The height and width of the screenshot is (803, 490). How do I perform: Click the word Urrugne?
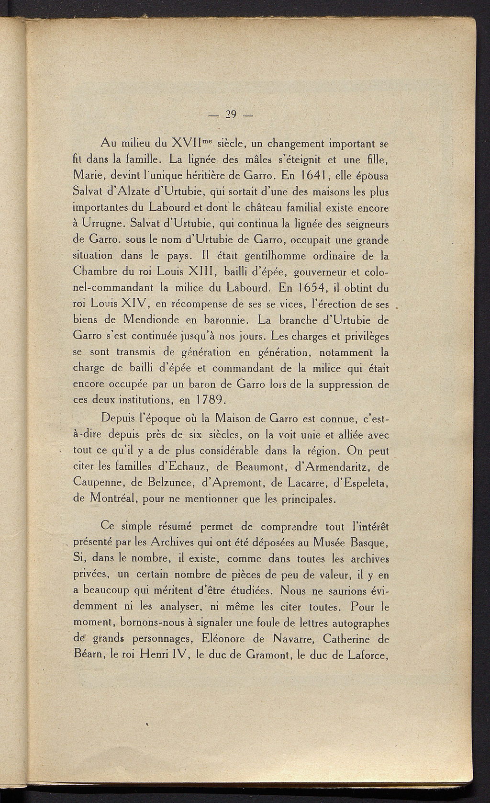[100, 224]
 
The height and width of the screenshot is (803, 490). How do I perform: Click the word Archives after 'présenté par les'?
[176, 543]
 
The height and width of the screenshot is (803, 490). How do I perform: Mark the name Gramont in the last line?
[266, 654]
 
